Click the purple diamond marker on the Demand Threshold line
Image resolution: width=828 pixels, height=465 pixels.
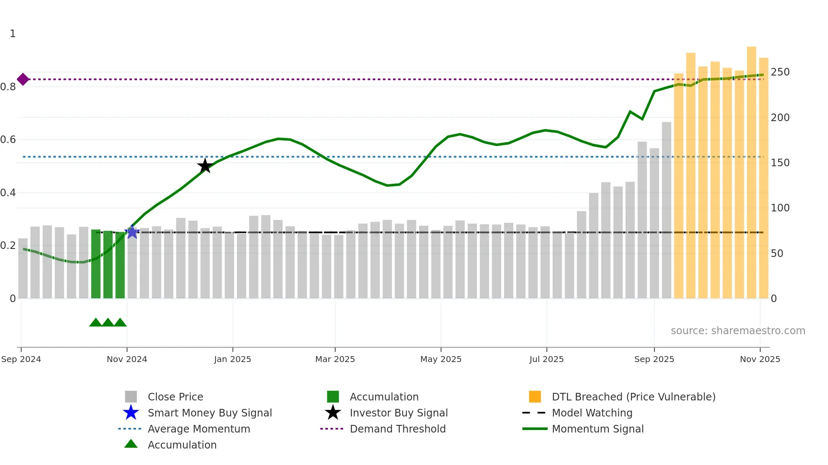pyautogui.click(x=23, y=79)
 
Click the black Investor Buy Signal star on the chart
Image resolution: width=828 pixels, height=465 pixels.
pyautogui.click(x=205, y=166)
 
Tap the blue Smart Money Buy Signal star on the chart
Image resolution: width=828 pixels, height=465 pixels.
pyautogui.click(x=132, y=232)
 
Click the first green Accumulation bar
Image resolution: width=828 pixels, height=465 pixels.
pyautogui.click(x=96, y=264)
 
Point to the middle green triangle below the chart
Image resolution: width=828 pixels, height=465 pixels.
pyautogui.click(x=108, y=323)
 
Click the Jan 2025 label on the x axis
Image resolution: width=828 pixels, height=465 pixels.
pyautogui.click(x=232, y=359)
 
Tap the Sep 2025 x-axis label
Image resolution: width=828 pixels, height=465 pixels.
pyautogui.click(x=654, y=359)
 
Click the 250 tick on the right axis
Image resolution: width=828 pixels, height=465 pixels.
pyautogui.click(x=780, y=72)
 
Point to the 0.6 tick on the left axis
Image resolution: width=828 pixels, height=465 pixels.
pyautogui.click(x=8, y=140)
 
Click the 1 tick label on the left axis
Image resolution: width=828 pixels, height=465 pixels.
pyautogui.click(x=13, y=34)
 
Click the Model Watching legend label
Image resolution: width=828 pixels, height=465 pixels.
pyautogui.click(x=592, y=413)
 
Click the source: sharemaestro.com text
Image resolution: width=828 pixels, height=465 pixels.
pyautogui.click(x=738, y=331)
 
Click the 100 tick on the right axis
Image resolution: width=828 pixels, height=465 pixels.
pyautogui.click(x=780, y=208)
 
